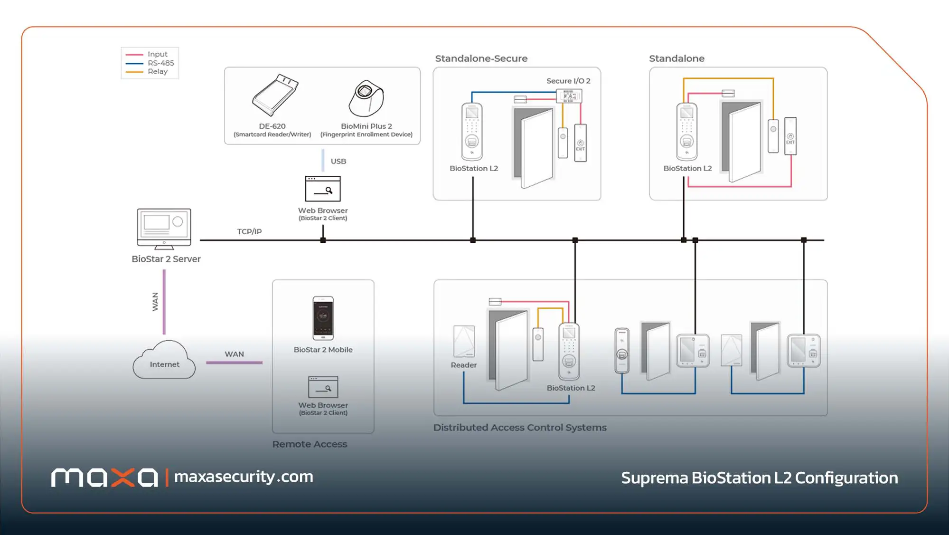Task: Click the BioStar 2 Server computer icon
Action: tap(164, 229)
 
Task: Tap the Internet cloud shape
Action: tap(164, 360)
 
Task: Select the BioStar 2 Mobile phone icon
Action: tap(323, 318)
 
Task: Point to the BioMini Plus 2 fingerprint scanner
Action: tap(366, 98)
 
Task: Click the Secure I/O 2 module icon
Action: tap(569, 96)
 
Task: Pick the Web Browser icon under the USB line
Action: tap(323, 189)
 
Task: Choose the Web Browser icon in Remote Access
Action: tap(323, 387)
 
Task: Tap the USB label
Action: tap(338, 162)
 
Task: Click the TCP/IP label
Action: tap(249, 231)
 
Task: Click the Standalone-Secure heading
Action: tap(481, 58)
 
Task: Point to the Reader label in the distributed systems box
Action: tap(464, 365)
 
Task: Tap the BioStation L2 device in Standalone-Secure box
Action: tap(472, 132)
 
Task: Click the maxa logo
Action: tap(104, 478)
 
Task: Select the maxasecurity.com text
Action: tap(244, 477)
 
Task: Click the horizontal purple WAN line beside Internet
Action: tap(234, 363)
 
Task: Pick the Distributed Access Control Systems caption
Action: tap(520, 428)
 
